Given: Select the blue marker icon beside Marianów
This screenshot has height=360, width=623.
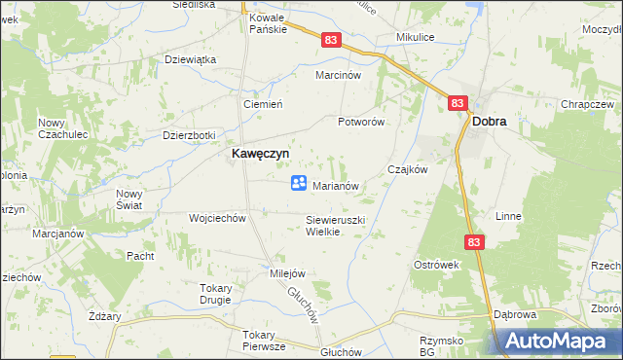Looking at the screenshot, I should coord(299,183).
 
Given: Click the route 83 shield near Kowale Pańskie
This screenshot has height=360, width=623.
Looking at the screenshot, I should coord(332,39).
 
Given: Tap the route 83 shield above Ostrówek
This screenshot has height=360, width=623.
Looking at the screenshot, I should coord(474,242).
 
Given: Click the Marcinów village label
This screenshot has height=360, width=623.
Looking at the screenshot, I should coord(338,75).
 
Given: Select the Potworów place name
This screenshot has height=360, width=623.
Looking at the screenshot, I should coord(361,123).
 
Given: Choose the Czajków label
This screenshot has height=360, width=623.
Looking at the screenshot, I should coord(408,168).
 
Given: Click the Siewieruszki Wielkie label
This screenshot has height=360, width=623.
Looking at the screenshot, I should coord(335,226).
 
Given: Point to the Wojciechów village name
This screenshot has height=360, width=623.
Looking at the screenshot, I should coord(217,218).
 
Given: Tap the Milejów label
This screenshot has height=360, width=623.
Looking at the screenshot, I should coord(288,273).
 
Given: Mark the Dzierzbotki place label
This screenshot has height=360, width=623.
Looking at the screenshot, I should coord(189,135).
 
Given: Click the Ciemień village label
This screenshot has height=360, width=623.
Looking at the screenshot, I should coord(262,104).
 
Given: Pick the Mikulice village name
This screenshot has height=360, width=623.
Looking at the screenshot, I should coord(415,37).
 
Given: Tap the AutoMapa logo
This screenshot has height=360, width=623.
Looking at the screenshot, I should coord(560,340).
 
